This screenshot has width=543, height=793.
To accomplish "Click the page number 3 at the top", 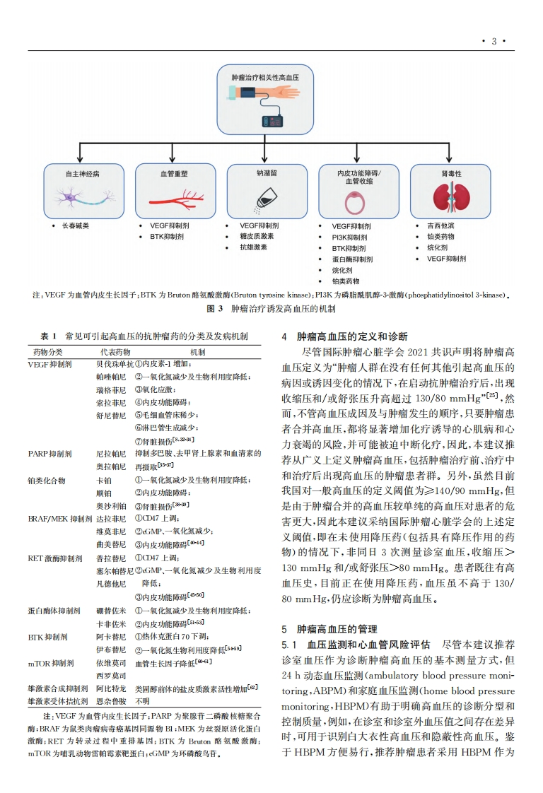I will click(x=494, y=41).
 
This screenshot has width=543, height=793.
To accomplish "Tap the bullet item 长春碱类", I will click(x=76, y=225).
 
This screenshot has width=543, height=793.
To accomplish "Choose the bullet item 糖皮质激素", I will click(x=257, y=236).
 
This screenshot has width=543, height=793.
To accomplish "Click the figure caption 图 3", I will click(x=271, y=309).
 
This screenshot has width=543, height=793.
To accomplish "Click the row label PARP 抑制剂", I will click(x=49, y=453).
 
